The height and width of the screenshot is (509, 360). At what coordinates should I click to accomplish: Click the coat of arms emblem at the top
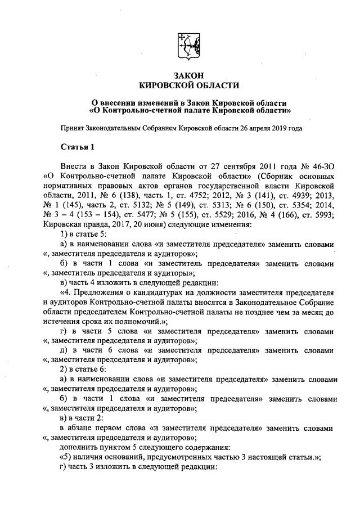pyautogui.click(x=188, y=45)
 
